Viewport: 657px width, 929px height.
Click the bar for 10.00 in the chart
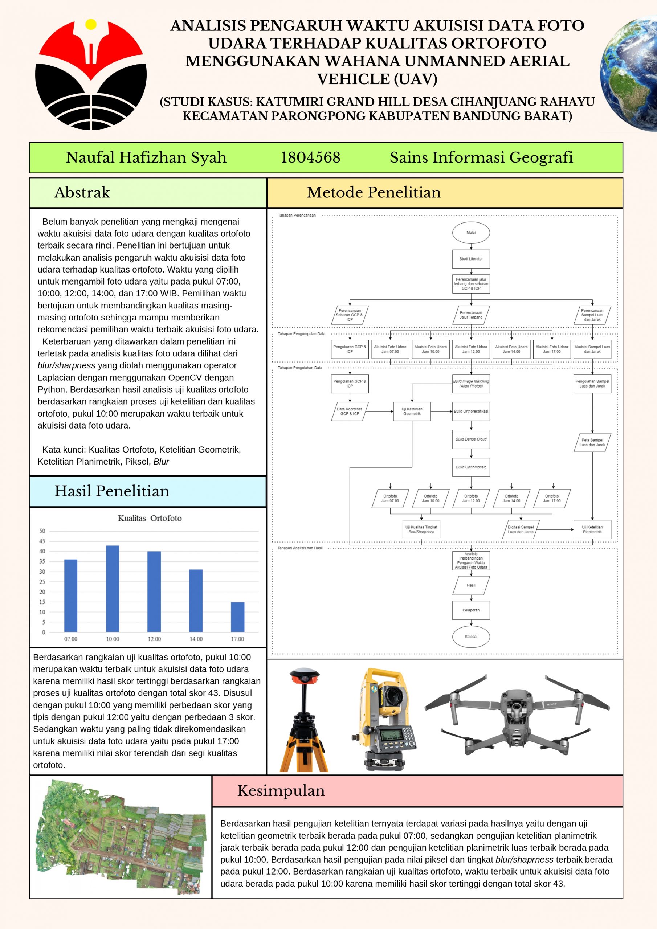[113, 589]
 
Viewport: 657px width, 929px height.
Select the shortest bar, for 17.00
[238, 617]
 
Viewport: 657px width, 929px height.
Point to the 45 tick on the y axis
[42, 541]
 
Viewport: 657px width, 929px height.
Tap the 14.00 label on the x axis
[196, 639]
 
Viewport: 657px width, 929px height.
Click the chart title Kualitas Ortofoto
[150, 518]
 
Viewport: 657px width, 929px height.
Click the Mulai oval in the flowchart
[471, 233]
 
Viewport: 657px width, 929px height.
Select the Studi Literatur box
[471, 259]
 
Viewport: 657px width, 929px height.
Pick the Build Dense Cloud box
[471, 439]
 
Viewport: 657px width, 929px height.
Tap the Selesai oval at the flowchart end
[471, 637]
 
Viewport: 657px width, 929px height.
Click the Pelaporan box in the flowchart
[471, 610]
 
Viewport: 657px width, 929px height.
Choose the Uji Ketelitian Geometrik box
[412, 411]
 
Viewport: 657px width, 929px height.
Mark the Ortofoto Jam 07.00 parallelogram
[390, 498]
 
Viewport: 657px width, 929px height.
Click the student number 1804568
[310, 157]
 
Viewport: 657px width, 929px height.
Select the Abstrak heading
[82, 192]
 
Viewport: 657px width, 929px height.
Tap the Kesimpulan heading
[281, 790]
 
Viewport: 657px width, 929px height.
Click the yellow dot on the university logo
[91, 24]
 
